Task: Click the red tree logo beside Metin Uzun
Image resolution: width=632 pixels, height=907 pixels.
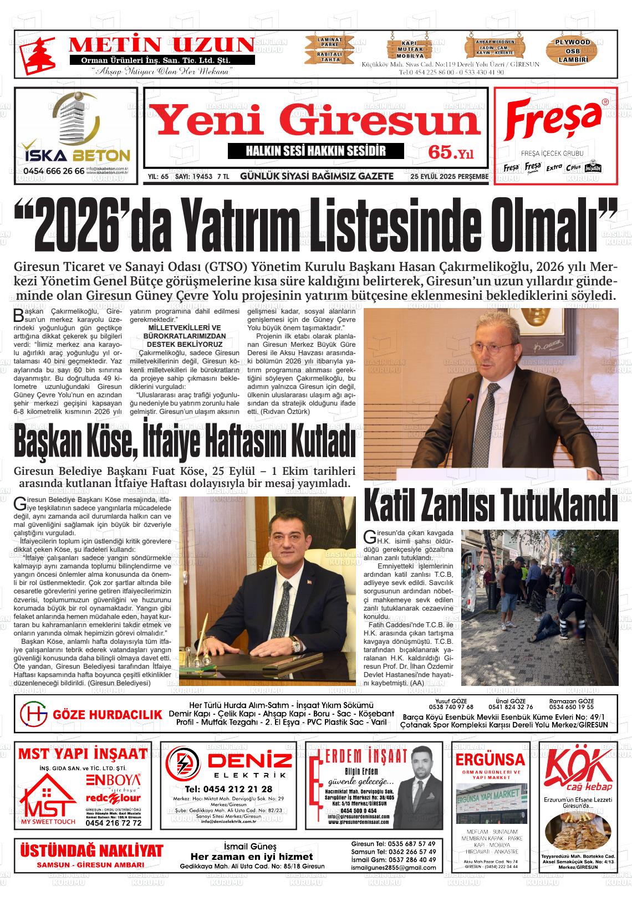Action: pyautogui.click(x=37, y=54)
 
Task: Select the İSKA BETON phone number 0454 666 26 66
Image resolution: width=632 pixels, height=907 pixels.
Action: pyautogui.click(x=54, y=171)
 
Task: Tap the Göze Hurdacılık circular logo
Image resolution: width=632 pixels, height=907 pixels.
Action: pyautogui.click(x=33, y=714)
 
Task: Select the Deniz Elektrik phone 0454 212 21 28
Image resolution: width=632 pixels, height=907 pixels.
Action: pyautogui.click(x=228, y=789)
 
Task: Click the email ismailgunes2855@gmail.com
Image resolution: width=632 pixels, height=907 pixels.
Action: pyautogui.click(x=393, y=868)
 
